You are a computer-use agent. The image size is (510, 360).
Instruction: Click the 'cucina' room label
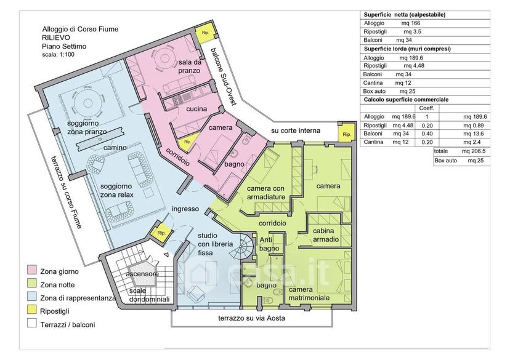pyautogui.click(x=196, y=109)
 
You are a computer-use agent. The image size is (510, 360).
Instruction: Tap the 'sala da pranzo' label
pyautogui.click(x=189, y=66)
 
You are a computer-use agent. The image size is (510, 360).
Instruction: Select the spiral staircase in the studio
pyautogui.click(x=242, y=247)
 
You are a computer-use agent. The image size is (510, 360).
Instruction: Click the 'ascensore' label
pyautogui.click(x=142, y=274)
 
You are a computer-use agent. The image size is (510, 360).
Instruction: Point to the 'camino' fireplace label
pyautogui.click(x=115, y=148)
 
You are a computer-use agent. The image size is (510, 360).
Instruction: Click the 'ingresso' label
pyautogui.click(x=185, y=209)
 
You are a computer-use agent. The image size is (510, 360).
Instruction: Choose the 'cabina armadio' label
pyautogui.click(x=326, y=235)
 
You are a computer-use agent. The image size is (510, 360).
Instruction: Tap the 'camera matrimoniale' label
pyautogui.click(x=309, y=294)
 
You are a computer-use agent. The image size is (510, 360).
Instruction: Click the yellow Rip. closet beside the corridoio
pyautogui.click(x=188, y=142)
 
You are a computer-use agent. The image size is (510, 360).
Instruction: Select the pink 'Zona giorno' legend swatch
pyautogui.click(x=32, y=270)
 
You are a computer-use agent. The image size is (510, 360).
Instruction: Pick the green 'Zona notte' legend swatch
pyautogui.click(x=32, y=283)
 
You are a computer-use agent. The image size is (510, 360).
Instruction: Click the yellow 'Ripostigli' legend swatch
pyautogui.click(x=32, y=310)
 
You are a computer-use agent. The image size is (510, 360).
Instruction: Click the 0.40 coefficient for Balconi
pyautogui.click(x=427, y=134)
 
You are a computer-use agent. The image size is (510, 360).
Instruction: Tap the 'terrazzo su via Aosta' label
pyautogui.click(x=252, y=318)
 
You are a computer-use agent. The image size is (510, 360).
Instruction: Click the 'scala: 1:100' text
pyautogui.click(x=59, y=55)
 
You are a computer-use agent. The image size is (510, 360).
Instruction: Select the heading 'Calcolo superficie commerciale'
pyautogui.click(x=406, y=100)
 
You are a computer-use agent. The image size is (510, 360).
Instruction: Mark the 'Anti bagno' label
pyautogui.click(x=269, y=244)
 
